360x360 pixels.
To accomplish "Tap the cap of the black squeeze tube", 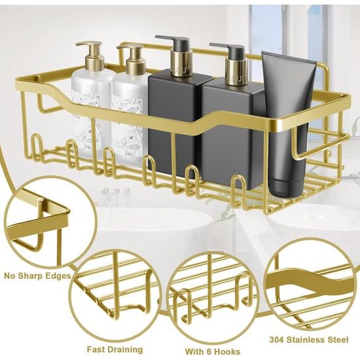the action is (x=285, y=189).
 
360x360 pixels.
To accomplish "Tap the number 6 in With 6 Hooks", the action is (x=206, y=351).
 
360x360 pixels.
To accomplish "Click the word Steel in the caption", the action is (x=337, y=340).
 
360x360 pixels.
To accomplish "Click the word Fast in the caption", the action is (x=96, y=350).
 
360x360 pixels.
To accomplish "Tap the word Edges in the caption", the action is (x=60, y=276).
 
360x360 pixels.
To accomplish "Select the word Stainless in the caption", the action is (x=305, y=340).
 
